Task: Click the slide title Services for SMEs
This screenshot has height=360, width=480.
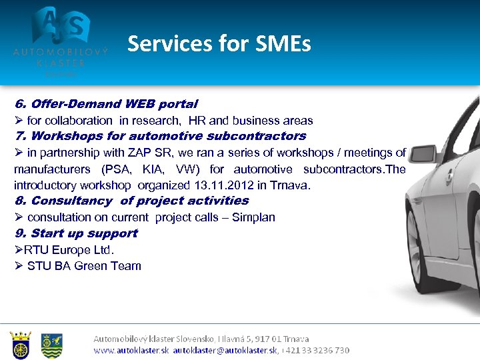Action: coord(219,44)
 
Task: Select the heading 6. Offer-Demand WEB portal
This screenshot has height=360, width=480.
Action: coord(106,104)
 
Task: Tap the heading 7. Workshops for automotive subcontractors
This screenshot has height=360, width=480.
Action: coord(160,136)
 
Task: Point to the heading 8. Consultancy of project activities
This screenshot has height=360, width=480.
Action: coord(131,201)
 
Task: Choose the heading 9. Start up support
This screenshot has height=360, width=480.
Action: coord(75,233)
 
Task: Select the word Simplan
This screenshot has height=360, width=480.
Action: coord(253,217)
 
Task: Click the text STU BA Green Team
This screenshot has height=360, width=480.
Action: coord(84,266)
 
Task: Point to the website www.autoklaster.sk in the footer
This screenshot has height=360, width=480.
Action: coord(131,350)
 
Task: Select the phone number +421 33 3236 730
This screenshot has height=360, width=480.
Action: coord(316,350)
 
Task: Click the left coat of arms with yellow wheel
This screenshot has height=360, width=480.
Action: coord(21,345)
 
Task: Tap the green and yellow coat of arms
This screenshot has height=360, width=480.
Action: coord(52,345)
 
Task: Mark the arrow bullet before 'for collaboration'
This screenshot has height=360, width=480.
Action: coord(19,121)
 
